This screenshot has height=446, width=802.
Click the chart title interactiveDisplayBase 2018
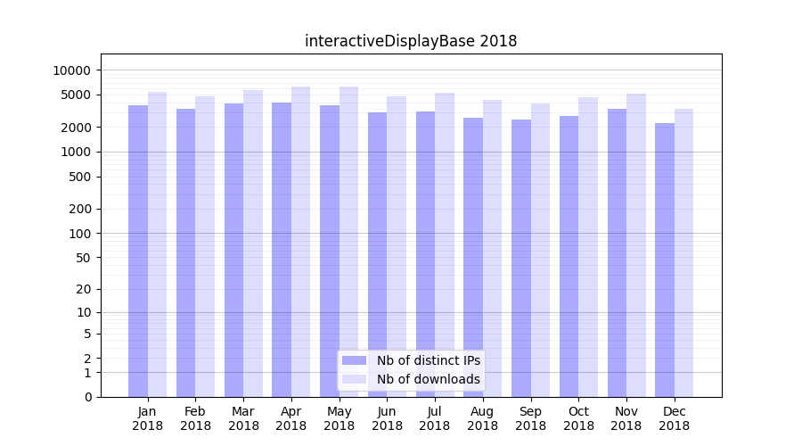(411, 41)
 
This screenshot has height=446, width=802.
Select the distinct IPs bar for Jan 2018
(138, 251)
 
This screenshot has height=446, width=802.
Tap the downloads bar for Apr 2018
(300, 242)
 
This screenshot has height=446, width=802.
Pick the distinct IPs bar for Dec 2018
(665, 260)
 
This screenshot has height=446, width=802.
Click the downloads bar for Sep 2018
(540, 250)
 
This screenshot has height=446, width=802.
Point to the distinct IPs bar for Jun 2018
(377, 254)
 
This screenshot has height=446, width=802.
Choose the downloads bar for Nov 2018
(636, 245)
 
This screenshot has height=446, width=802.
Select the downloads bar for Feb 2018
(205, 246)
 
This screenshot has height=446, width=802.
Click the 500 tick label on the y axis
(80, 177)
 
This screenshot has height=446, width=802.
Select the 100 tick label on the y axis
(80, 234)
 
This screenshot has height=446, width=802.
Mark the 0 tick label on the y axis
(87, 397)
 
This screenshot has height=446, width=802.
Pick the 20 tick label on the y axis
(84, 289)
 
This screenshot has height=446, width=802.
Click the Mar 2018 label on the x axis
(243, 418)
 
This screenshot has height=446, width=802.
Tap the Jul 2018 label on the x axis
(435, 418)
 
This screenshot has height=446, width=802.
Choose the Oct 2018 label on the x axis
(578, 418)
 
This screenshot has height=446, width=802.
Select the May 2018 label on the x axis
(339, 418)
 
